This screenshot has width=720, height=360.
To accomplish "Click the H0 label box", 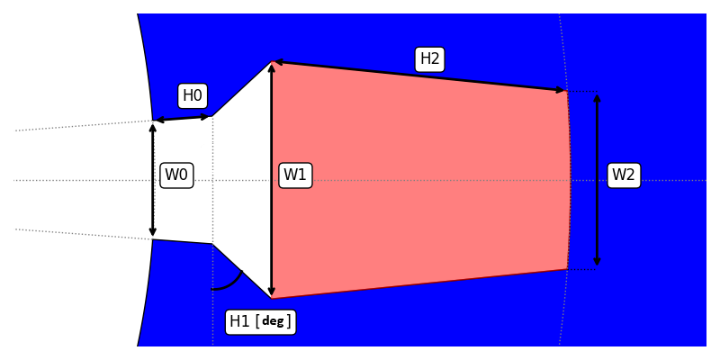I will (x=193, y=95).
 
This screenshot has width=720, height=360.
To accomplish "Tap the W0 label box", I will (x=176, y=175).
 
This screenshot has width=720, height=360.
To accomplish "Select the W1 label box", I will (x=295, y=175).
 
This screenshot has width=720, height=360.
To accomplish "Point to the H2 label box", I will (x=430, y=59).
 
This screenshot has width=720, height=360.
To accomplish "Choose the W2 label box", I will (x=624, y=175).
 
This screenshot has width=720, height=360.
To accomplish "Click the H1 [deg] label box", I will (x=260, y=321).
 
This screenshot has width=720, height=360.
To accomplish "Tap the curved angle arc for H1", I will (x=230, y=283).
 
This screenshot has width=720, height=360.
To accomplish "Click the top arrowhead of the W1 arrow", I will (x=271, y=67).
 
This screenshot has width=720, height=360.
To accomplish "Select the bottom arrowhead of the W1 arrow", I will (x=271, y=292).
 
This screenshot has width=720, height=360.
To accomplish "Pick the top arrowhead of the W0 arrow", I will (x=153, y=127).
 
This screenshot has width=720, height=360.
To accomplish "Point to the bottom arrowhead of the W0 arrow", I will (x=153, y=233).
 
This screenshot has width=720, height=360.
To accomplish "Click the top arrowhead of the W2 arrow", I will (x=597, y=97).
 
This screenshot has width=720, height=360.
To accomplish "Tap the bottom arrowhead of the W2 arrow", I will (x=597, y=262).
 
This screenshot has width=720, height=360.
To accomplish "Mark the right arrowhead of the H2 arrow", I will (x=562, y=90).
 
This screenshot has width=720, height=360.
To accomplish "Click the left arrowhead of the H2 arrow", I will (x=277, y=62).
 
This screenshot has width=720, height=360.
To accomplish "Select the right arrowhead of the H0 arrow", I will (x=207, y=116).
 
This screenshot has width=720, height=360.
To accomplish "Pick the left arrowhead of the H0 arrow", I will (x=158, y=120).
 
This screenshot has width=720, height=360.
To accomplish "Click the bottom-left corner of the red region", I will (x=271, y=298).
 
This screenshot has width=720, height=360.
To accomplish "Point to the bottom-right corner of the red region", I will (x=567, y=269).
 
